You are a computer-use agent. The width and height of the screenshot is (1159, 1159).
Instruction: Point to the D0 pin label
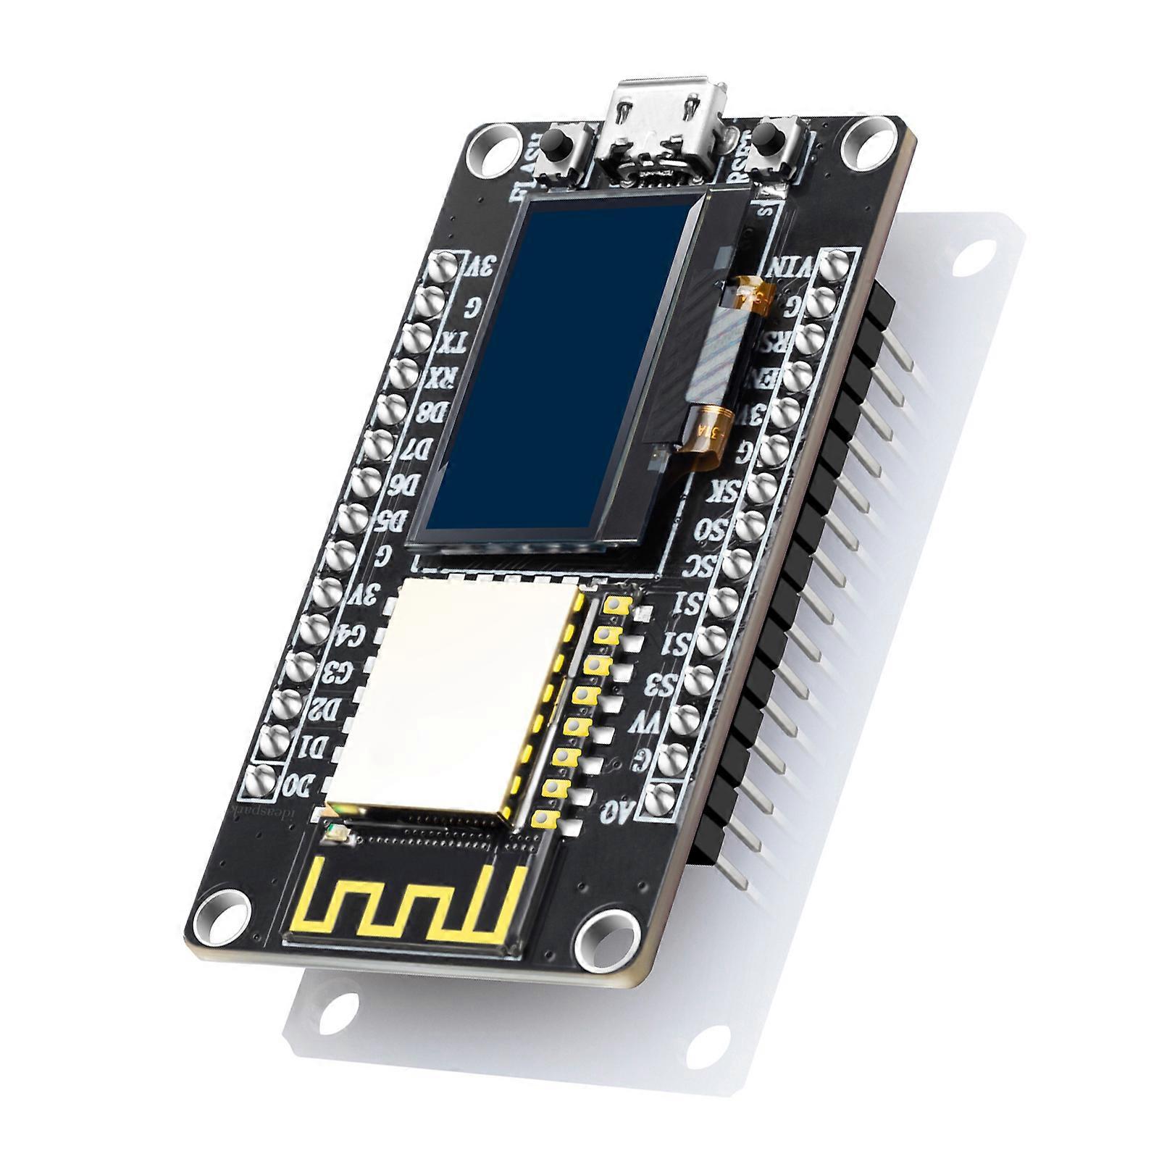coord(298,784)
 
